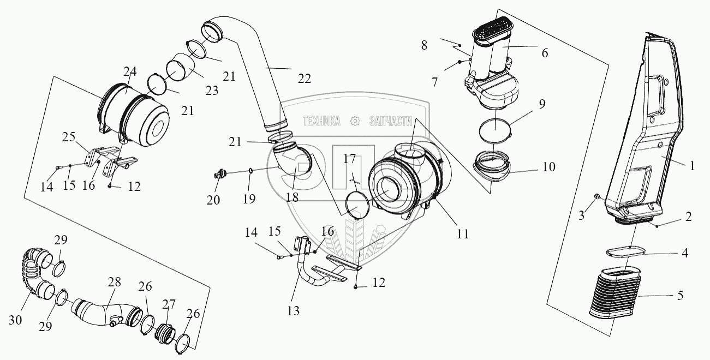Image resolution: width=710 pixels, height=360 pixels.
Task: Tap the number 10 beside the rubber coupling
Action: (x=548, y=166)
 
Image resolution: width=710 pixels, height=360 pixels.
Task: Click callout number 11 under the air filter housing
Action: (x=463, y=234)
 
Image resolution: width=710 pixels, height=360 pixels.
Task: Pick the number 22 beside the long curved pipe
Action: (x=304, y=78)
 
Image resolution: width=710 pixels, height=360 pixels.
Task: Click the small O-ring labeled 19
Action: (x=250, y=171)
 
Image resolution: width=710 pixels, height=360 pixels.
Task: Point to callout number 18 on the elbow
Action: (x=292, y=196)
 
